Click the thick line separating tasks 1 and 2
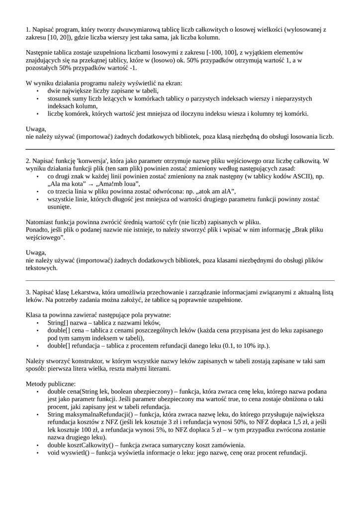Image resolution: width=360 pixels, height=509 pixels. [x=180, y=149]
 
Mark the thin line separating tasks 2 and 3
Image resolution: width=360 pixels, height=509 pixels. [x=180, y=280]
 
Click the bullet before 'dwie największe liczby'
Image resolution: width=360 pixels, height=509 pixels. [x=38, y=91]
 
